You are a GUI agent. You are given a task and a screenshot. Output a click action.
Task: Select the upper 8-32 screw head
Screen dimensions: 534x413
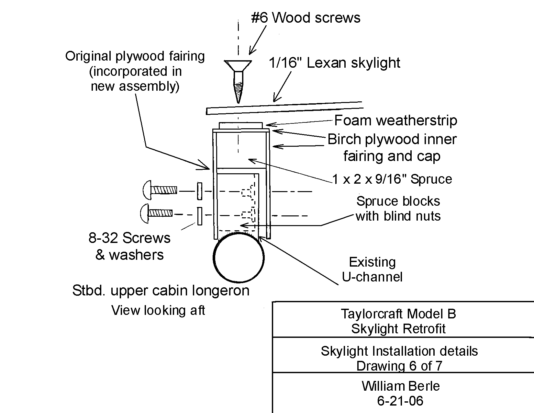coord(147,190)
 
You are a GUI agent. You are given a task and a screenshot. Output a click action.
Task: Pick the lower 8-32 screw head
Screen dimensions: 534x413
coord(145,213)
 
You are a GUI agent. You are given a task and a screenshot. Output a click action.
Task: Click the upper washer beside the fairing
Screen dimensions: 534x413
coord(200,191)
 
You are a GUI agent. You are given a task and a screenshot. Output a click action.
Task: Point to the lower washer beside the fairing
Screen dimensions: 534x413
coord(200,216)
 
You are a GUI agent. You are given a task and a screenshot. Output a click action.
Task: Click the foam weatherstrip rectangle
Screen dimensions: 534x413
coord(241,126)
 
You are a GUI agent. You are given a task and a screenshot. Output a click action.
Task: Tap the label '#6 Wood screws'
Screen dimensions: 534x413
coord(306,18)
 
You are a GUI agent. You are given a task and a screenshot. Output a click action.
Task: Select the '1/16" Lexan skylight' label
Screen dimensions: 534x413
coord(334,63)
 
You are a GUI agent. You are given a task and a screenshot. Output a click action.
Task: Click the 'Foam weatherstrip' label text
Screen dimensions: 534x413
coord(396,120)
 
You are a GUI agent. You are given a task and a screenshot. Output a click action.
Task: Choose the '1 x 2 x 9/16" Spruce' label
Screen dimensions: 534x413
coord(392,179)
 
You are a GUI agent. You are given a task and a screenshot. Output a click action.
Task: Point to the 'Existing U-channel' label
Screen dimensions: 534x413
coord(372,270)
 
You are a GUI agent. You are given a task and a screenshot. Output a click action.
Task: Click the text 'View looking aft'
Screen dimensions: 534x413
coord(158,310)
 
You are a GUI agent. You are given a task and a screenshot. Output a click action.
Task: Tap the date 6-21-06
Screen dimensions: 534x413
coord(400,401)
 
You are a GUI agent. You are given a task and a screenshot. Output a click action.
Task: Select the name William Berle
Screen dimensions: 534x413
coord(401,386)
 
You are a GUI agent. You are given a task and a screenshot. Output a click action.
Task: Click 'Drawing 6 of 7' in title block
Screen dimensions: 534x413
coord(399,366)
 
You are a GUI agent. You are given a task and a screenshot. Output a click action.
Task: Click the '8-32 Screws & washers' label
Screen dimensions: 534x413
coord(129,246)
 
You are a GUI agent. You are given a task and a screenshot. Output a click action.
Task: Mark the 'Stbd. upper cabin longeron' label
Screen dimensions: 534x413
coord(161,291)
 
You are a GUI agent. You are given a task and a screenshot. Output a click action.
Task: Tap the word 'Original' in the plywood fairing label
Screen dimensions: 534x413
coord(88,56)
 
